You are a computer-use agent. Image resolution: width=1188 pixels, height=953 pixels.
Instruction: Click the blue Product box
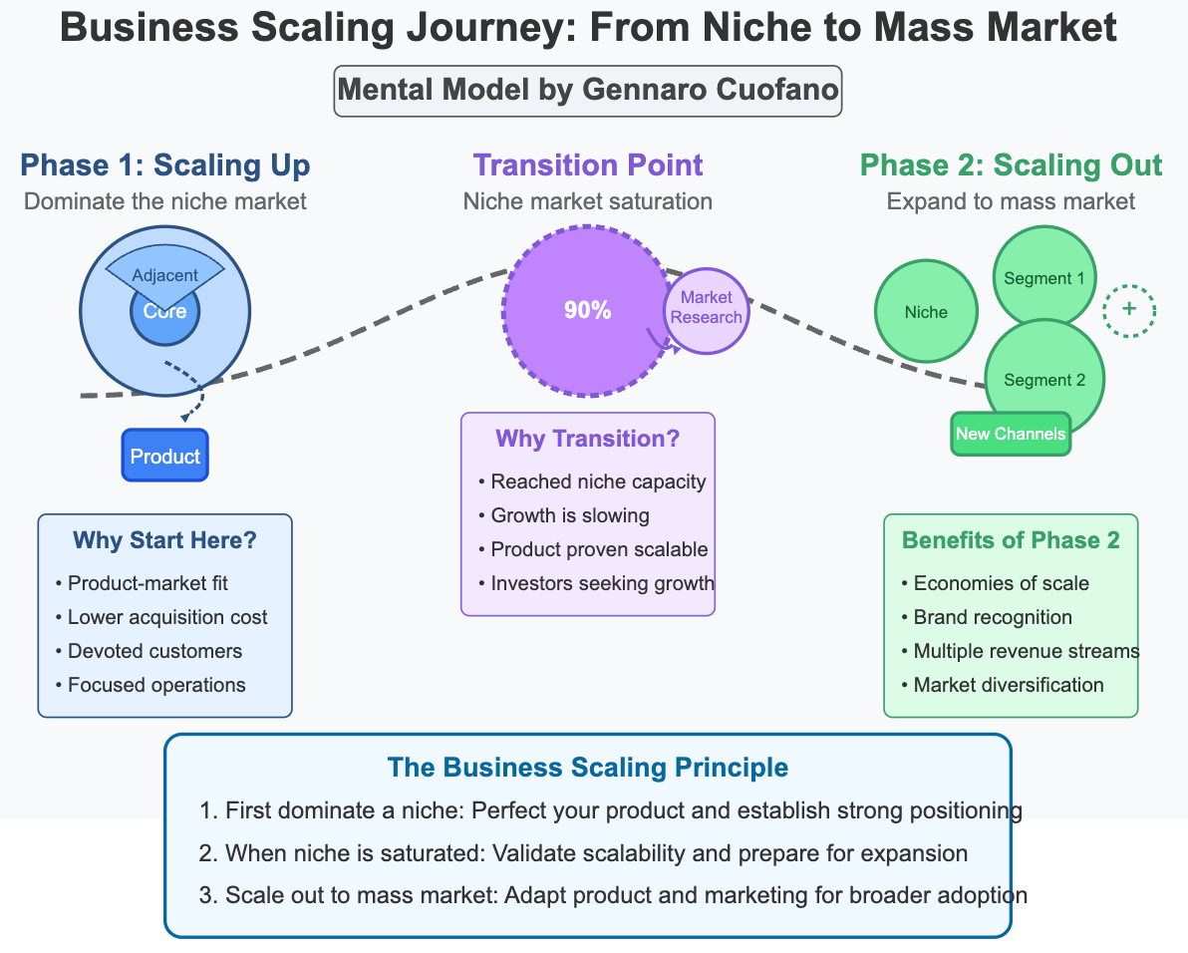[x=164, y=456]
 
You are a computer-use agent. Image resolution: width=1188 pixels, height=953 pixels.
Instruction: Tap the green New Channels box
[x=1010, y=434]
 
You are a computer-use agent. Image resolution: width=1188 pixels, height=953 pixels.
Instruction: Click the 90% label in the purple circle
[x=587, y=310]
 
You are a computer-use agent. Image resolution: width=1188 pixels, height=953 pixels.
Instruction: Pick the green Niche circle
[x=926, y=311]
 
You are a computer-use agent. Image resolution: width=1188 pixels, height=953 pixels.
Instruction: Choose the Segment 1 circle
[x=1043, y=278]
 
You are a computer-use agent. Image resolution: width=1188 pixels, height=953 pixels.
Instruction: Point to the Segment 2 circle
[x=1043, y=379]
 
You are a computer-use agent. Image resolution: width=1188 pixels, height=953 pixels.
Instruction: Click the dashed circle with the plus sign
[x=1128, y=310]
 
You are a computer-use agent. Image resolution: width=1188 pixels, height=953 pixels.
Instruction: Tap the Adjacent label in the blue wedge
[x=164, y=274]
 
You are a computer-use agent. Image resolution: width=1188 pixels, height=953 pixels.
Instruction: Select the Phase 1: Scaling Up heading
[x=164, y=164]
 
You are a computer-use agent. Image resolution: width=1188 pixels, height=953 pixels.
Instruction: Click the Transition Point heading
[x=587, y=164]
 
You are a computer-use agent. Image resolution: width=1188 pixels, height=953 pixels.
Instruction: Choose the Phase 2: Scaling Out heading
[x=1011, y=164]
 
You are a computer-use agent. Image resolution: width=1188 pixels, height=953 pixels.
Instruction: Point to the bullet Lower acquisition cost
[x=166, y=617]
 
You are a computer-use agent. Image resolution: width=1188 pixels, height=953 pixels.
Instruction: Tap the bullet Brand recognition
[x=992, y=617]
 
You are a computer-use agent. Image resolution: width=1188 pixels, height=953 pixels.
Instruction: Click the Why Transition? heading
[x=587, y=440]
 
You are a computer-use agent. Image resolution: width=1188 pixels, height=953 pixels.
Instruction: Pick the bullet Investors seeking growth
[x=602, y=583]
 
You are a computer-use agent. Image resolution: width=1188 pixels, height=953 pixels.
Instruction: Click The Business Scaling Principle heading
[x=587, y=767]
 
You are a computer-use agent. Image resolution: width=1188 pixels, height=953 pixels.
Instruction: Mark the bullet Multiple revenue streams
[x=1026, y=651]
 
